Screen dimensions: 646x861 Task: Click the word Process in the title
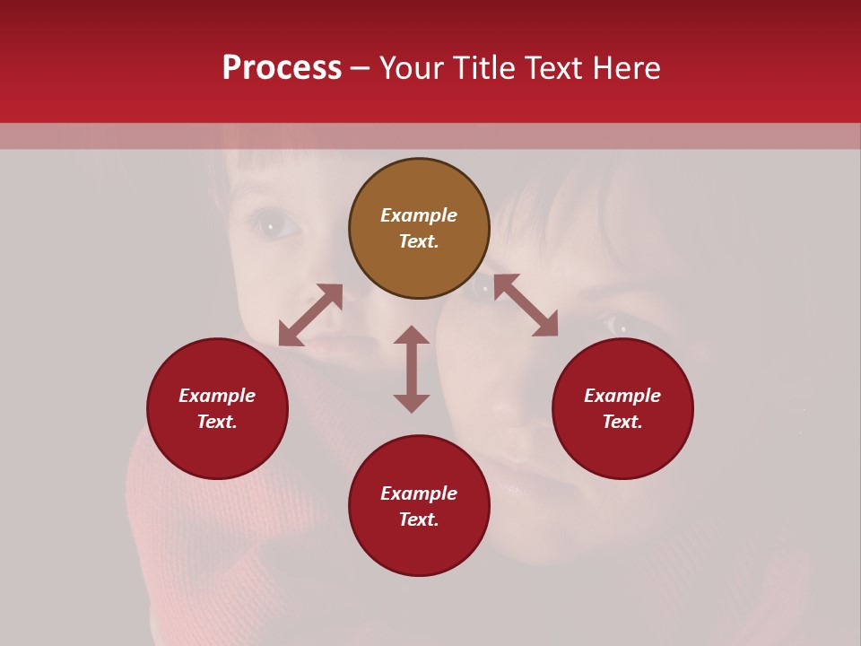coord(282,68)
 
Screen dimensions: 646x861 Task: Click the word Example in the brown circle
coord(419,215)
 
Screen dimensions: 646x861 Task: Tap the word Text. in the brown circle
coord(419,241)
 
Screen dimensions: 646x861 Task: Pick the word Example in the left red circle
coord(217,396)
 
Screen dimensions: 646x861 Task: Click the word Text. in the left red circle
coord(217,422)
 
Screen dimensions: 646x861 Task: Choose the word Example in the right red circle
coord(622,396)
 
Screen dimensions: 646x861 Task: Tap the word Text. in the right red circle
coord(622,422)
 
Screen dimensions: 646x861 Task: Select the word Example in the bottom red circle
coord(419,493)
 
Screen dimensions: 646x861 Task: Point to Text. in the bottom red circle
coord(419,519)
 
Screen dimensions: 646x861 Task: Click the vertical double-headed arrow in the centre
coord(412,369)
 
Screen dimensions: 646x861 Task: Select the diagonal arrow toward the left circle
coord(310,315)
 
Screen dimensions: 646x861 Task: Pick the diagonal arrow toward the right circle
coord(526,305)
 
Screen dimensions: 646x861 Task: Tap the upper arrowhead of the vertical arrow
coord(412,335)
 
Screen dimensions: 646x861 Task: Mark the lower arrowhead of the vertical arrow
coord(412,403)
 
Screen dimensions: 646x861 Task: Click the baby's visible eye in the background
coord(270,223)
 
